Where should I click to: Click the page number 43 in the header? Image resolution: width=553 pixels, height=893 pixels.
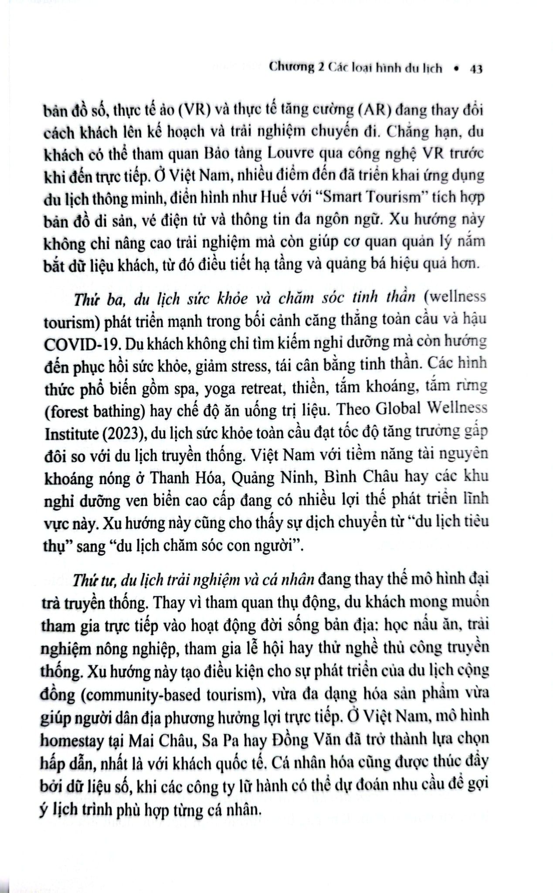[476, 69]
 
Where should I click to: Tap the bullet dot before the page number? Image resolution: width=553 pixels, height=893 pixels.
[456, 68]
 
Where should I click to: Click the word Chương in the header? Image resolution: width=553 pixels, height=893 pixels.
[292, 68]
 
